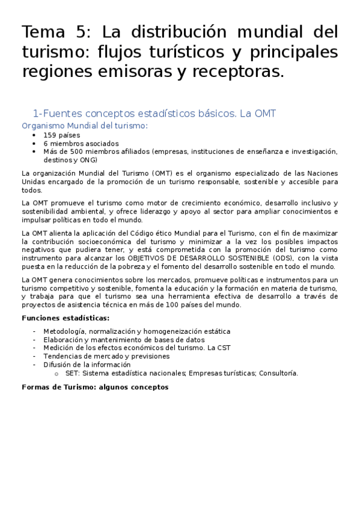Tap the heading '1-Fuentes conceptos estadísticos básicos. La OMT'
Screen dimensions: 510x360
[x=154, y=113]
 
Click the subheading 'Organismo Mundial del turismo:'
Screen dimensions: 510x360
[x=84, y=126]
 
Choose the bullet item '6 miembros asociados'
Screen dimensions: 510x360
[x=81, y=144]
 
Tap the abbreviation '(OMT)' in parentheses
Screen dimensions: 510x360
[x=162, y=173]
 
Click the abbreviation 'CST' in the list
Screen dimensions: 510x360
[x=223, y=348]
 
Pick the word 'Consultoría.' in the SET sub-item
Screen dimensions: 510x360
[x=279, y=373]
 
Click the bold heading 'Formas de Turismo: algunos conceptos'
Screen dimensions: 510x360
[x=95, y=387]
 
